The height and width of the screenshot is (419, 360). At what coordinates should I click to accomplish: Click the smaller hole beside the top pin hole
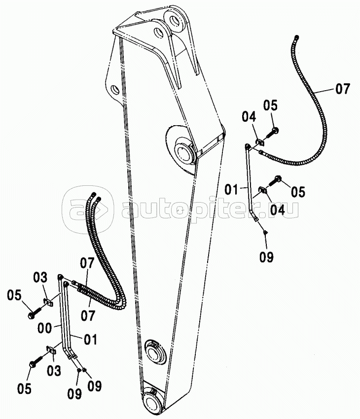[158, 34]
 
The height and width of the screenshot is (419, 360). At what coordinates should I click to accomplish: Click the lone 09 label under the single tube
[266, 257]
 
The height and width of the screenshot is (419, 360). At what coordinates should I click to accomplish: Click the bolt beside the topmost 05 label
[273, 131]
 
